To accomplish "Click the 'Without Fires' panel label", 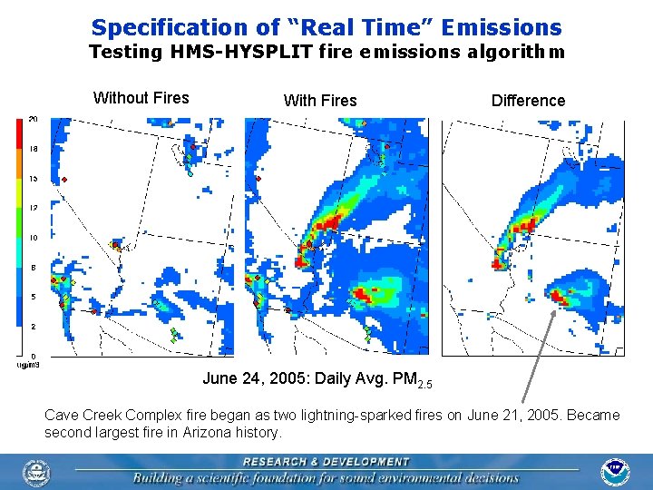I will tap(141, 98).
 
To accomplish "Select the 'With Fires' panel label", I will tap(320, 101).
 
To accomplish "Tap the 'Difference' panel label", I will tap(528, 101).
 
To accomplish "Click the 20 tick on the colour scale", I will tap(33, 119).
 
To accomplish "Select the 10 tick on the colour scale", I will tap(33, 238).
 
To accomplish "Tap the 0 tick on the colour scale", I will tap(34, 356).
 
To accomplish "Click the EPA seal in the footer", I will tap(37, 473).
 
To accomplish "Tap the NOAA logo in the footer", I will tap(615, 473).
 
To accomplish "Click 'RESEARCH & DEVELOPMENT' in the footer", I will tap(326, 462).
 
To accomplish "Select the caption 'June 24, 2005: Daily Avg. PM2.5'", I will tap(317, 378).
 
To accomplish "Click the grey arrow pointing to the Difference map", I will tap(540, 354).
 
